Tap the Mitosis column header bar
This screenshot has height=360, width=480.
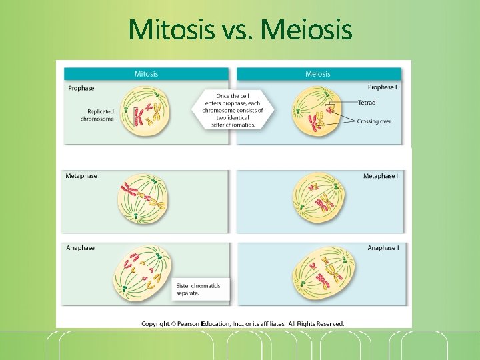[x=147, y=74]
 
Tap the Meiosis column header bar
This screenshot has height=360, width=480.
[x=318, y=74]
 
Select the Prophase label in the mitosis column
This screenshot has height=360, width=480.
[x=81, y=88]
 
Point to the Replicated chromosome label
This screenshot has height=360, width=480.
[x=97, y=115]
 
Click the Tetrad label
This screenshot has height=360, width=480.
[x=367, y=103]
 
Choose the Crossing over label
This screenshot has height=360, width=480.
[x=374, y=121]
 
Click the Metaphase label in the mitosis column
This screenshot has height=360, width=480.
[x=81, y=176]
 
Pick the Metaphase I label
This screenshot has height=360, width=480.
[x=381, y=176]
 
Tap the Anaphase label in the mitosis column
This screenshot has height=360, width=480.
[x=81, y=248]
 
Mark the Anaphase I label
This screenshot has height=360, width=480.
[x=383, y=248]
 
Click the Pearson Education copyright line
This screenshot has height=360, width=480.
[x=243, y=324]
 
